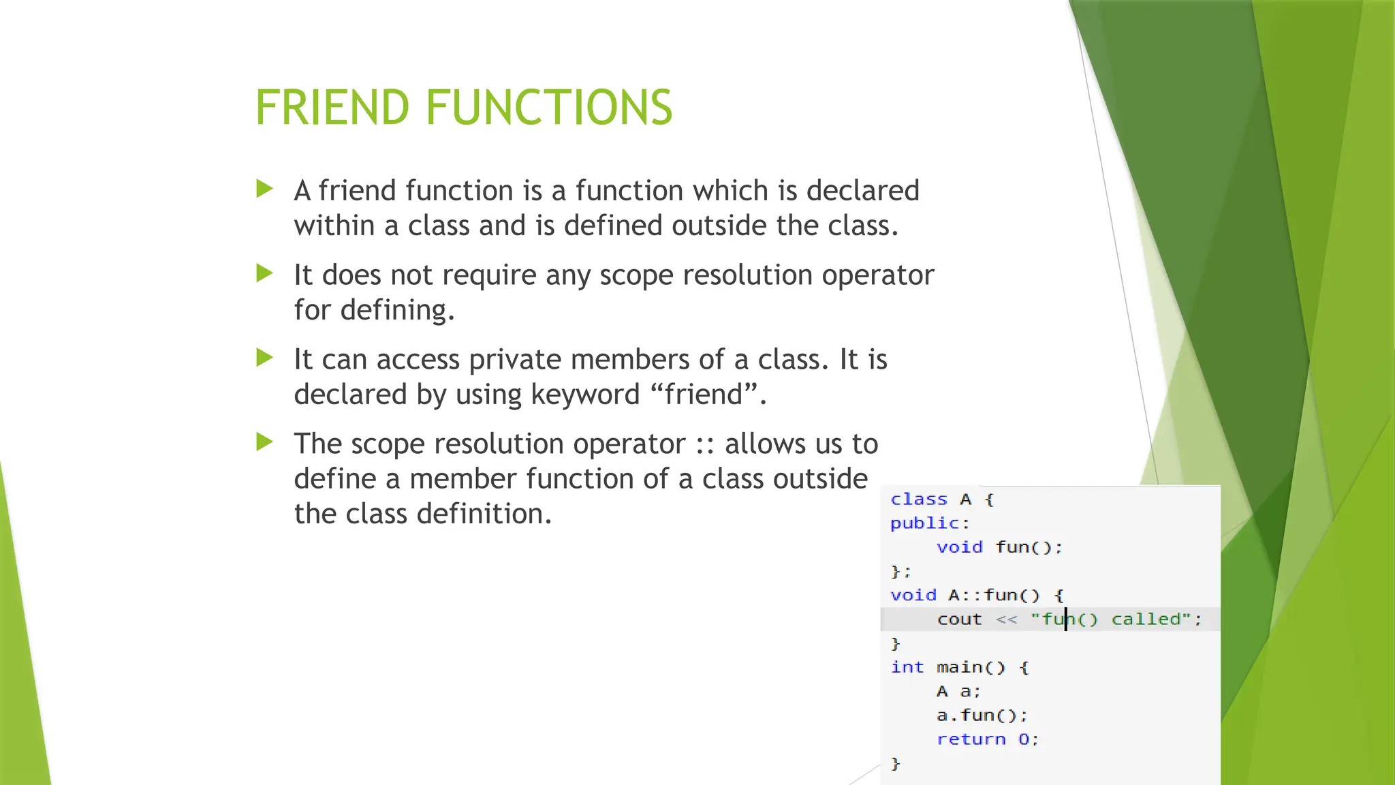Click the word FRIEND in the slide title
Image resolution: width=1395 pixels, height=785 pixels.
tap(332, 108)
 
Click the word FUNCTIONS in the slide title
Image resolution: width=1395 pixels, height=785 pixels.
tap(549, 108)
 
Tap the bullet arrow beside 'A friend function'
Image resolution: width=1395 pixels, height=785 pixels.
tap(264, 189)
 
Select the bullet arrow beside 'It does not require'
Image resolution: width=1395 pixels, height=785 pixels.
tap(264, 273)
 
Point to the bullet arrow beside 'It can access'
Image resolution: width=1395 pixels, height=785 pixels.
tap(264, 357)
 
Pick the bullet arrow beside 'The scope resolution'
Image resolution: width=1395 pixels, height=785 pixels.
tap(264, 442)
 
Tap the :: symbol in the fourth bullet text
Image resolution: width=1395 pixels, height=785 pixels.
tap(705, 444)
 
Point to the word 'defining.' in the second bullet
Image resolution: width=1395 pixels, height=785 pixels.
tap(397, 310)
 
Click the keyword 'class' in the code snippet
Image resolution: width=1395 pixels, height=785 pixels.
tap(918, 499)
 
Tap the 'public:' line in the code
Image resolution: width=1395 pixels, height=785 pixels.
tap(929, 523)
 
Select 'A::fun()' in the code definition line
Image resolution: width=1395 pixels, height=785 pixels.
tap(994, 595)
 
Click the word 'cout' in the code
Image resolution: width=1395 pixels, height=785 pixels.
tap(959, 619)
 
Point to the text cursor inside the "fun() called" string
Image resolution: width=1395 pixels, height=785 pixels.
tap(1066, 619)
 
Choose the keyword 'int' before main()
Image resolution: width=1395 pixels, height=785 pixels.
tap(907, 667)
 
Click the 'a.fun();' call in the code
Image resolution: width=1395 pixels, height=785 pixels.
tap(982, 715)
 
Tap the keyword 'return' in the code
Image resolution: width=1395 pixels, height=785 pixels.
tap(971, 739)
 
